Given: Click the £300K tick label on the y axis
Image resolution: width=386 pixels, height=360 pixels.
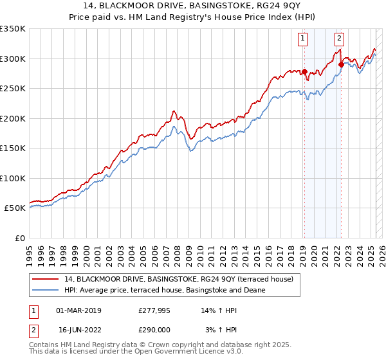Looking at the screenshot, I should point(13,59).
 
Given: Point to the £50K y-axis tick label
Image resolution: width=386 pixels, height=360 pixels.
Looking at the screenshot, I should point(15,208).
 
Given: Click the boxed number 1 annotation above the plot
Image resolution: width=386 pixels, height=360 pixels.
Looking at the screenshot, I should point(302,38).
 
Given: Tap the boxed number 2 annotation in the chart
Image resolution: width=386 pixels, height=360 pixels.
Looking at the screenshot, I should point(339,38).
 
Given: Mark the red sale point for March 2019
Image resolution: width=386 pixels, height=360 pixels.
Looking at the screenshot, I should point(304,71).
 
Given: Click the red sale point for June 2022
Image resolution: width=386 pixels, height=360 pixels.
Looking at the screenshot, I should point(341,64).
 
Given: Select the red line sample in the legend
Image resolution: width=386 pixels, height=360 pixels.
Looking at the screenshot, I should point(45,279).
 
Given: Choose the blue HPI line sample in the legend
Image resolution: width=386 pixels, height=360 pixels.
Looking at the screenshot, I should point(45,290).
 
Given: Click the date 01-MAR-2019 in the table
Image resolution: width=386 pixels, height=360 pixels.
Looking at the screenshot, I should point(78,310).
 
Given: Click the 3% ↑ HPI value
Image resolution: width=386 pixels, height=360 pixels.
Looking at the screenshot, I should point(222,329).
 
